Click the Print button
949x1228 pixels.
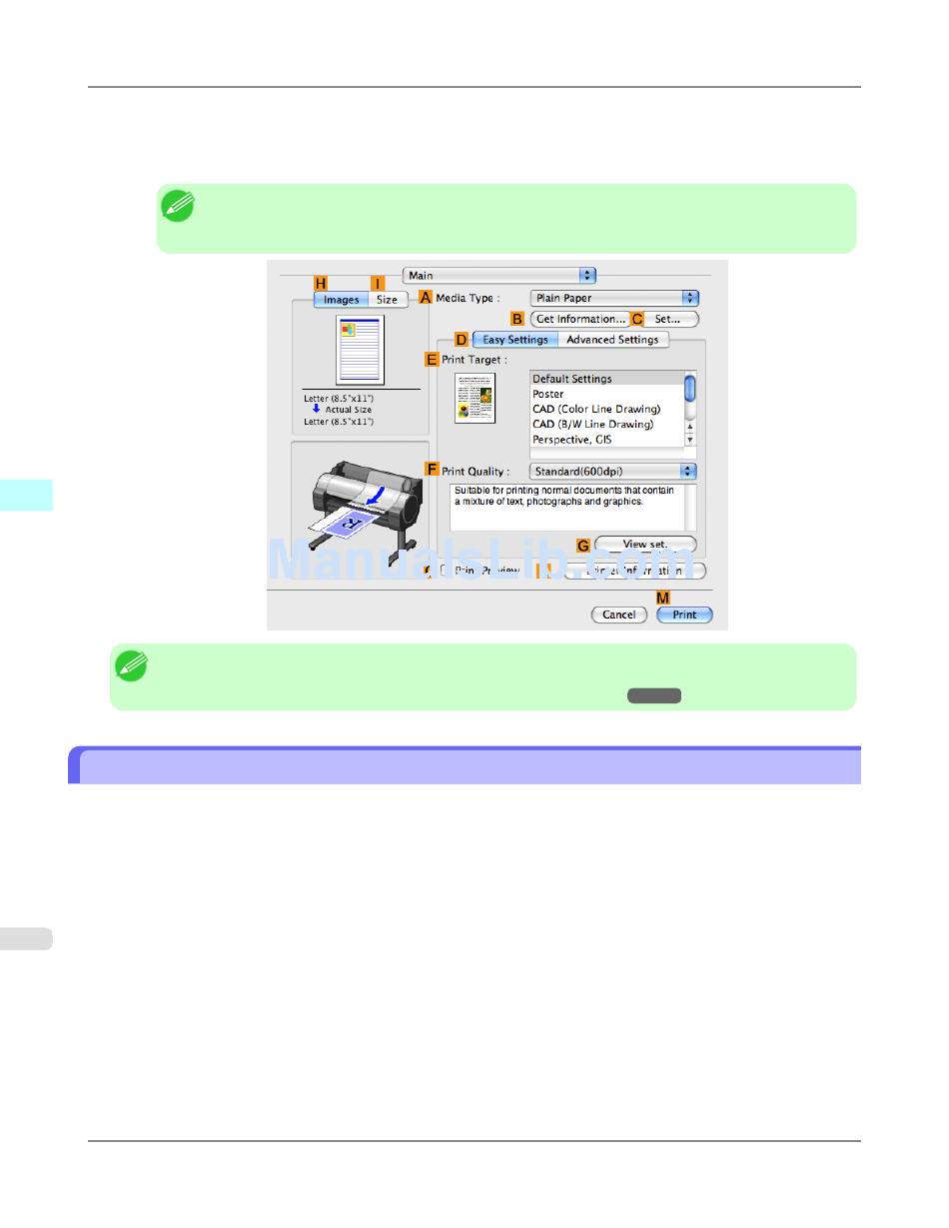point(684,614)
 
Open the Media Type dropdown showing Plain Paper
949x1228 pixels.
point(613,298)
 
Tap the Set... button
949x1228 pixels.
point(668,319)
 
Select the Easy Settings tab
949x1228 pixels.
point(514,340)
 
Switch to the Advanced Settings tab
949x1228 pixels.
point(612,340)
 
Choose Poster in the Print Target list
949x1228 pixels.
point(548,394)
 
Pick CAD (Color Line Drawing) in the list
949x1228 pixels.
point(595,409)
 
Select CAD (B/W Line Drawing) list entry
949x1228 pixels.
point(592,424)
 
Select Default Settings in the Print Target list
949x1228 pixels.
point(571,379)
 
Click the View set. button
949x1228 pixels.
point(645,545)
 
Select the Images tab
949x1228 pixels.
point(341,300)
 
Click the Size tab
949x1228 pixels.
point(387,300)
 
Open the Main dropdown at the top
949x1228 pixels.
point(499,275)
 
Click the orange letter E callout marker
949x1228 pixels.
point(432,360)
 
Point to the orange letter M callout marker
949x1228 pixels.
point(662,598)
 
